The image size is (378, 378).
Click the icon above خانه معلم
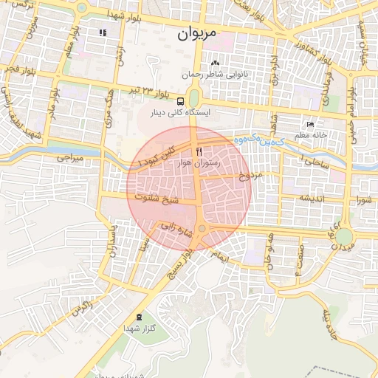(x=310, y=124)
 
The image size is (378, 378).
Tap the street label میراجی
(x=72, y=158)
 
